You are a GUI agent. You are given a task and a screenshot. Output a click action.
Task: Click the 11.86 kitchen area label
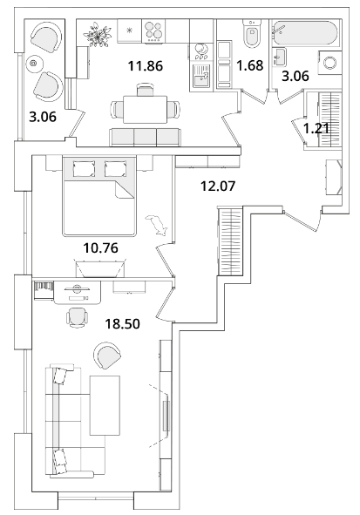tap(146, 66)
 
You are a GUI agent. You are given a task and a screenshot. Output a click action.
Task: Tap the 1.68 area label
tap(250, 65)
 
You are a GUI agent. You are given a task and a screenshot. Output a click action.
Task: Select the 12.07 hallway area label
tap(218, 186)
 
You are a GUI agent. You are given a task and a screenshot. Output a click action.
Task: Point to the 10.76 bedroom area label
tap(100, 247)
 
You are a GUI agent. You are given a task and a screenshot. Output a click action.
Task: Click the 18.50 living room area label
tap(122, 324)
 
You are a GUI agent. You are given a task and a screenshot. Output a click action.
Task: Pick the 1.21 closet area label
tap(316, 128)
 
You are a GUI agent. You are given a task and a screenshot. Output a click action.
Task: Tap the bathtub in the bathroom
tap(305, 33)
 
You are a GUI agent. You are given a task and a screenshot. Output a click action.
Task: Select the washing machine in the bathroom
tap(329, 63)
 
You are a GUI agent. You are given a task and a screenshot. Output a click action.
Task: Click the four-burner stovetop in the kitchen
tap(153, 30)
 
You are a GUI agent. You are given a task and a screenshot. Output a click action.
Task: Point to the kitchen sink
tap(201, 76)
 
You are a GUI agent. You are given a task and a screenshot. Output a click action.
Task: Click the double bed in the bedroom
tap(99, 196)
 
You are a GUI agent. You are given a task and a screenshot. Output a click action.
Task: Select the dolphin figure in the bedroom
tap(158, 225)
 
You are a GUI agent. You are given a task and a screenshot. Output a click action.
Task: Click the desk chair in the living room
tap(78, 317)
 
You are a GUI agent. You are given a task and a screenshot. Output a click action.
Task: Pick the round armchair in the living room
tap(106, 356)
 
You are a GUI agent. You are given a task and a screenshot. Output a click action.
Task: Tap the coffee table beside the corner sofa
tap(105, 405)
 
